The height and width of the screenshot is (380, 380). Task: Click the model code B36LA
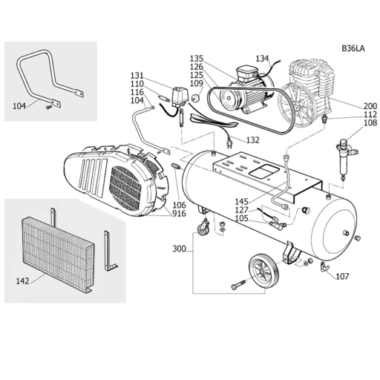click(353, 48)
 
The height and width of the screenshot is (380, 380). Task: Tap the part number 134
click(262, 59)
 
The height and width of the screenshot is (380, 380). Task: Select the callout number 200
click(370, 106)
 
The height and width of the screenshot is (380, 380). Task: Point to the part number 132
click(253, 140)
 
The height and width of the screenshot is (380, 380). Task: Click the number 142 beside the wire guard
click(22, 281)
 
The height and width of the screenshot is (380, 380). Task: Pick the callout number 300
click(179, 249)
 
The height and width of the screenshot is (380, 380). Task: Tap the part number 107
click(342, 276)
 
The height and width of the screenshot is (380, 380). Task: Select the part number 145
click(241, 201)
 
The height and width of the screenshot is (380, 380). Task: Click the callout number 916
click(179, 214)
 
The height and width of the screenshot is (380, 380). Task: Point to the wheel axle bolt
click(238, 285)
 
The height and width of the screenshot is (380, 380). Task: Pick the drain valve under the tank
click(324, 266)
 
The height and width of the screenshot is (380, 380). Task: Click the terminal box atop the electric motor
click(246, 72)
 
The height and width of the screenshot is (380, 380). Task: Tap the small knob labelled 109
click(197, 97)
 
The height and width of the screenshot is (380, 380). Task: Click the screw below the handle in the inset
click(49, 107)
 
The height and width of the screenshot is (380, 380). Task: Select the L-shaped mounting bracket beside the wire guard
click(109, 251)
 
